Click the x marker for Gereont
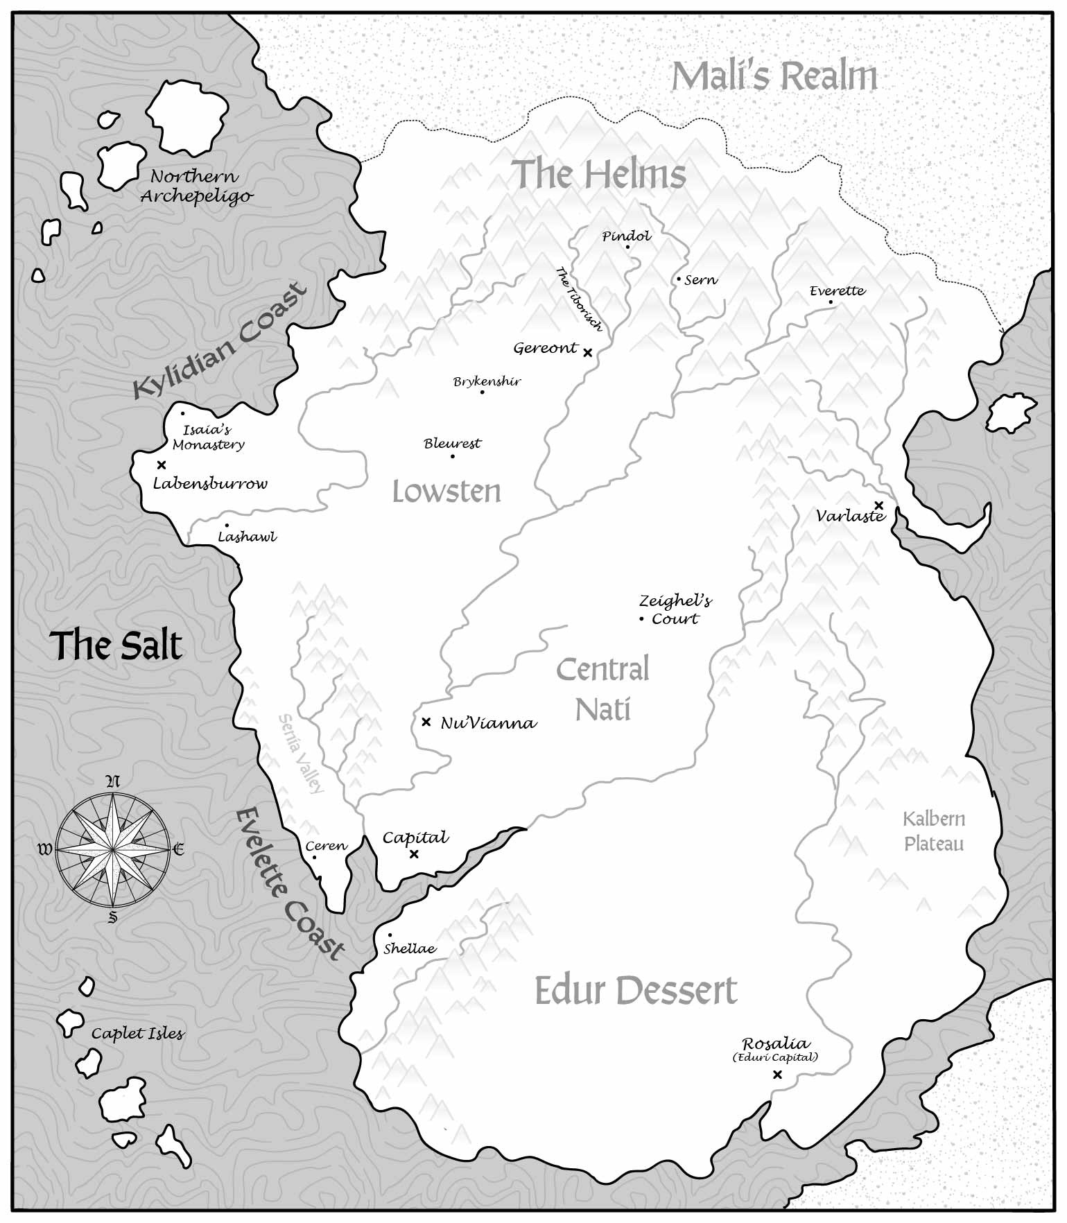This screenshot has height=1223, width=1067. click(587, 352)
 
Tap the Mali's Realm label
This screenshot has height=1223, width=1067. click(774, 76)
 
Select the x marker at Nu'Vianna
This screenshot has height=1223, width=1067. click(426, 722)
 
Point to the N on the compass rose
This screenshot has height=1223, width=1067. click(112, 782)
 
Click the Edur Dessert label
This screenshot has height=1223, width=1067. click(636, 991)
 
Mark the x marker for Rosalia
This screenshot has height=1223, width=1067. click(777, 1075)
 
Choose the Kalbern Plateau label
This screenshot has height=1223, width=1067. click(933, 831)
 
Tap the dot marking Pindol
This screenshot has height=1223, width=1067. click(627, 247)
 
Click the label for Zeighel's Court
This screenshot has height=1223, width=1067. click(675, 609)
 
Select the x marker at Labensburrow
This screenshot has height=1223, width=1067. click(162, 465)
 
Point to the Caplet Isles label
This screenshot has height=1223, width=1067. click(138, 1034)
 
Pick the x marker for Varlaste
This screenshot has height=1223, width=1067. click(878, 505)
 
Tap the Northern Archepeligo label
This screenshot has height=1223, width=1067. click(196, 187)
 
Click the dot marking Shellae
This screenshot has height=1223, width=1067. click(390, 935)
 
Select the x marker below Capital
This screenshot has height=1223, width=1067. click(414, 853)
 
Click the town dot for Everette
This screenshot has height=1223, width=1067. click(831, 302)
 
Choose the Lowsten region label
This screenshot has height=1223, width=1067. click(446, 492)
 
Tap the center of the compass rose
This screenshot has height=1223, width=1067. click(112, 849)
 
